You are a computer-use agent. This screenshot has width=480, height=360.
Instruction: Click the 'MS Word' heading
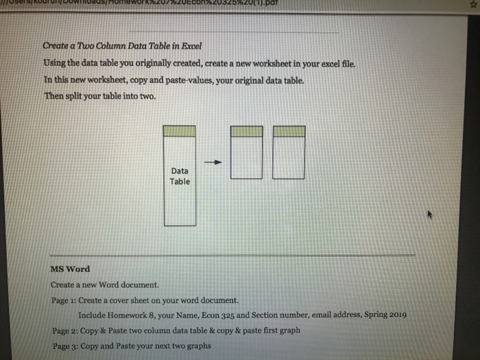[70, 268]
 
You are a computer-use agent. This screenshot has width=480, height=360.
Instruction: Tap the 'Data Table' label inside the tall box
[180, 176]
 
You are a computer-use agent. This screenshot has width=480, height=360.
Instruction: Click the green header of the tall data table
[180, 131]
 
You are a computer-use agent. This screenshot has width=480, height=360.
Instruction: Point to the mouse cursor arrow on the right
[431, 215]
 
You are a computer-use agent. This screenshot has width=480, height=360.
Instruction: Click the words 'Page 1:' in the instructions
[63, 300]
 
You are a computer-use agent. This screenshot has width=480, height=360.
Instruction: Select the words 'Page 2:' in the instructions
[64, 331]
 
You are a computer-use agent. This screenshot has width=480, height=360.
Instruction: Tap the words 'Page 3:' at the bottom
[64, 346]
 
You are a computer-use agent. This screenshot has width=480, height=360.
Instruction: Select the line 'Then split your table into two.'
[100, 96]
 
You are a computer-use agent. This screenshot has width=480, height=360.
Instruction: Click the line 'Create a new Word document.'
[105, 285]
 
